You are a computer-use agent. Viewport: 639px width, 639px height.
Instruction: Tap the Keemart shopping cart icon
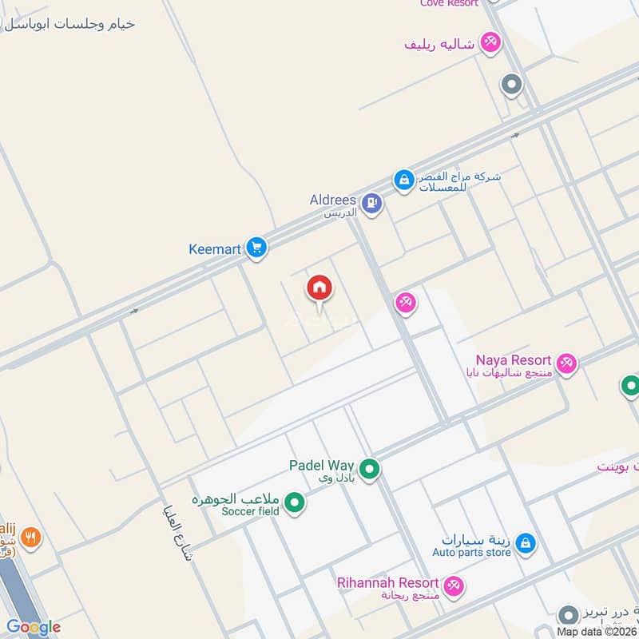pyautogui.click(x=256, y=248)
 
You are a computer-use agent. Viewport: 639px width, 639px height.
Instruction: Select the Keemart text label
pyautogui.click(x=215, y=249)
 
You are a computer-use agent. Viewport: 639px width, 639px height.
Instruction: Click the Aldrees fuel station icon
pyautogui.click(x=371, y=204)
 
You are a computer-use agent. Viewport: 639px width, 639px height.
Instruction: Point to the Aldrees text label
pyautogui.click(x=333, y=200)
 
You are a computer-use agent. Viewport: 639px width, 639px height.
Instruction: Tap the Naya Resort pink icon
pyautogui.click(x=566, y=363)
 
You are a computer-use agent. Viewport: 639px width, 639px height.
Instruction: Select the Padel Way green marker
pyautogui.click(x=369, y=470)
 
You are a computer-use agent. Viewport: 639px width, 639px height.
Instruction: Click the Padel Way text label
pyautogui.click(x=322, y=465)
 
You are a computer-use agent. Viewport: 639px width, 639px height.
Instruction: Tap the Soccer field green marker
pyautogui.click(x=296, y=502)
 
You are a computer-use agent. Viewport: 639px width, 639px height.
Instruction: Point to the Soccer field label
pyautogui.click(x=251, y=511)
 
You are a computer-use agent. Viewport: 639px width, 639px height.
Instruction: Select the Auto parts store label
pyautogui.click(x=471, y=552)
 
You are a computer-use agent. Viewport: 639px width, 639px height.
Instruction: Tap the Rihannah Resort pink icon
pyautogui.click(x=454, y=585)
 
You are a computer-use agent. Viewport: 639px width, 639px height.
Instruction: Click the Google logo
pyautogui.click(x=33, y=627)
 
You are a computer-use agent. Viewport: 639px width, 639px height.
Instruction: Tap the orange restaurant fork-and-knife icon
pyautogui.click(x=30, y=538)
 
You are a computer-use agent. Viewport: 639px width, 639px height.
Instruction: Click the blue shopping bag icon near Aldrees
pyautogui.click(x=403, y=180)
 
